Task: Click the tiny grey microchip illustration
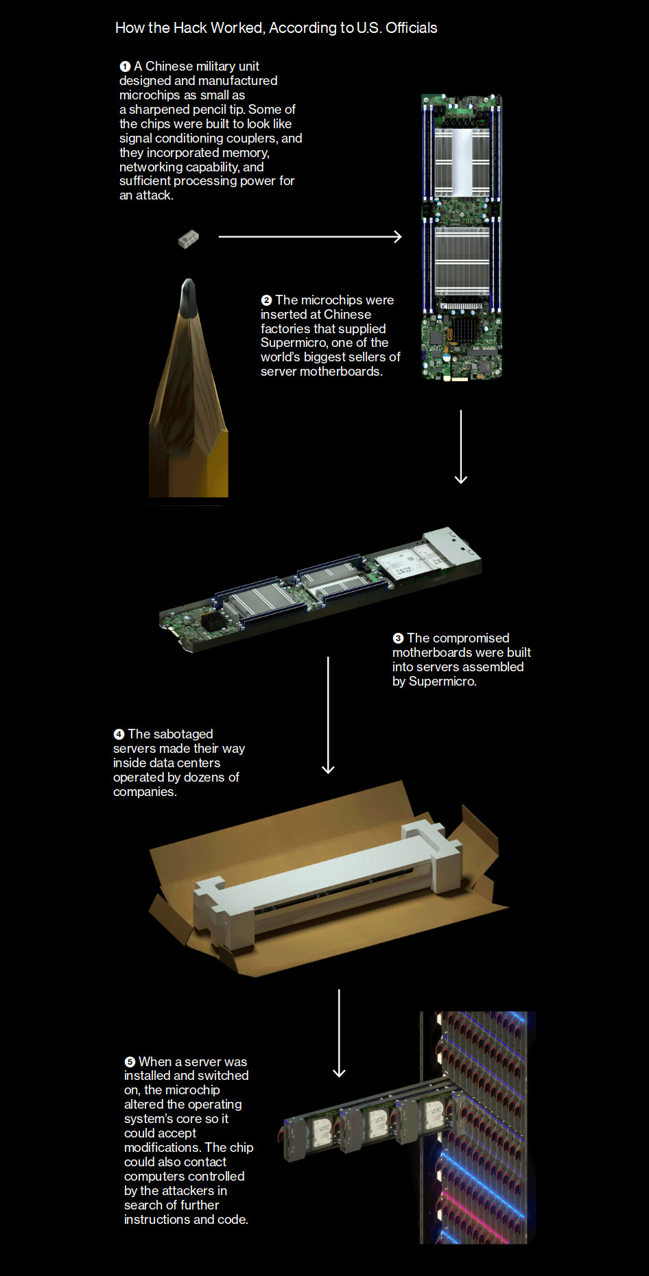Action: pyautogui.click(x=188, y=239)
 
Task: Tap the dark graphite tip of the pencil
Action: pyautogui.click(x=188, y=296)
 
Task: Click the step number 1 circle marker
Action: pyautogui.click(x=125, y=67)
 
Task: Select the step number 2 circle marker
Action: pyautogui.click(x=266, y=300)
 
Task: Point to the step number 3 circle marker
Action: pyautogui.click(x=398, y=638)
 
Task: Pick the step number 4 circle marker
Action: pyautogui.click(x=119, y=734)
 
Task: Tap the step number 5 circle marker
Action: pyautogui.click(x=130, y=1062)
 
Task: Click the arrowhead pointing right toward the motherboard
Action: pyautogui.click(x=398, y=237)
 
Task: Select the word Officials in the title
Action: pyautogui.click(x=412, y=28)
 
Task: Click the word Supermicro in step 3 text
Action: pyautogui.click(x=442, y=682)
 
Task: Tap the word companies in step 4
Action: pyautogui.click(x=145, y=792)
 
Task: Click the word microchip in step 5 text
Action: pyautogui.click(x=192, y=1090)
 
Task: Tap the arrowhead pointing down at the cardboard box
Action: pyautogui.click(x=328, y=769)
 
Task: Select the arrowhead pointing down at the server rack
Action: pyautogui.click(x=339, y=1072)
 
